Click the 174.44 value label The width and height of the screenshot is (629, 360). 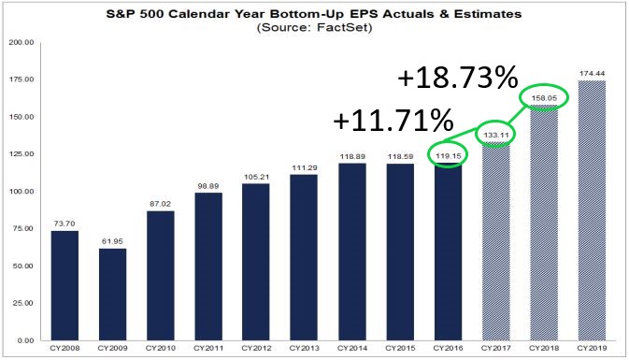(x=590, y=72)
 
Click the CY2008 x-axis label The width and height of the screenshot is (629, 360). (x=64, y=350)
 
